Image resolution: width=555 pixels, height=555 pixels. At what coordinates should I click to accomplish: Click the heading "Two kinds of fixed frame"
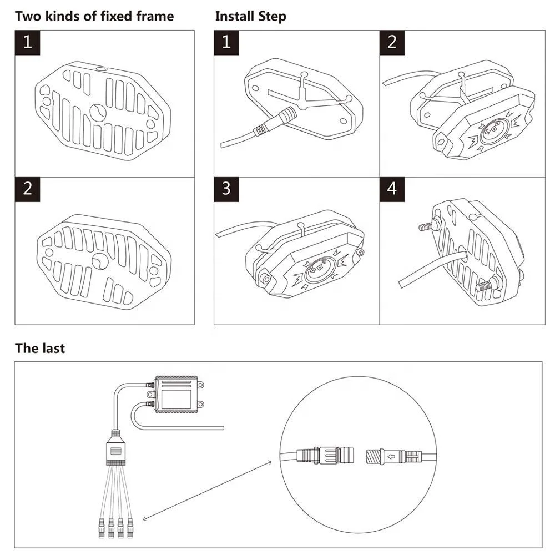point(94,16)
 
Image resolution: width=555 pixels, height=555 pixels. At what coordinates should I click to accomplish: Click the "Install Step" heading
point(250,16)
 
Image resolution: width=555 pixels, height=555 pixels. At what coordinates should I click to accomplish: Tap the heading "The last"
point(39,349)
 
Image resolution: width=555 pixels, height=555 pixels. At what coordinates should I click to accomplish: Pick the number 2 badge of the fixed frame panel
point(27,189)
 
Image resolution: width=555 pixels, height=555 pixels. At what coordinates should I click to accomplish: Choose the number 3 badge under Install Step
point(226,189)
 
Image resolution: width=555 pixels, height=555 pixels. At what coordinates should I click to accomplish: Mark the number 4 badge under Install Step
point(392,189)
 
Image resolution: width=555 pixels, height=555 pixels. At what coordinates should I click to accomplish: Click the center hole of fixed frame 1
point(98,112)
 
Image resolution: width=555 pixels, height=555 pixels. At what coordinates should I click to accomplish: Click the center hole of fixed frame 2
point(101,260)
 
